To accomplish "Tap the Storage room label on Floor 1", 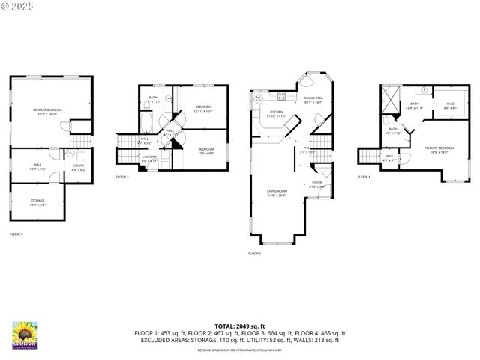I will (x=37, y=202).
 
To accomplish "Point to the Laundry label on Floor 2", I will (x=149, y=159).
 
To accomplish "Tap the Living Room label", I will (x=277, y=193).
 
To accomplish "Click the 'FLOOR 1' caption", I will (x=16, y=235).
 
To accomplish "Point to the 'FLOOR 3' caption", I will (x=254, y=253).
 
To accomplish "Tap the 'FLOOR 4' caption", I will (x=364, y=178).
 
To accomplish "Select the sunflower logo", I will (x=25, y=335).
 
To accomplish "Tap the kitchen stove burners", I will (x=281, y=95).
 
